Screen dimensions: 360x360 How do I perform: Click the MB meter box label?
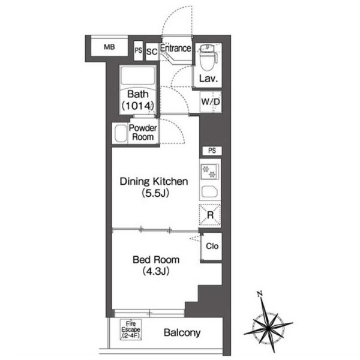109,47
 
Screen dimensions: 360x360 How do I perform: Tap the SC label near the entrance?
152,52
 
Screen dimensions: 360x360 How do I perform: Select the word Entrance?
176,48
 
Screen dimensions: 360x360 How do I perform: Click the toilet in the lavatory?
208,57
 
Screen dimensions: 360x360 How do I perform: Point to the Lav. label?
208,79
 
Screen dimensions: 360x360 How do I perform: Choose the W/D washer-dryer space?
211,102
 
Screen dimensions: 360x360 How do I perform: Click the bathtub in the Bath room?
138,76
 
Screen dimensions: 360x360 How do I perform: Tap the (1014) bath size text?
138,106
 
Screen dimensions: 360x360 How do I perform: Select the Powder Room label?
143,133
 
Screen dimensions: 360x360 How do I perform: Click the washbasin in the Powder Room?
121,133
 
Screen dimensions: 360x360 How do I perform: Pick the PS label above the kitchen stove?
212,151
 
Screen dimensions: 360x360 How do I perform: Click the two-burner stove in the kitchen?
209,172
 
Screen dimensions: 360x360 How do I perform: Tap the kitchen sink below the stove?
209,192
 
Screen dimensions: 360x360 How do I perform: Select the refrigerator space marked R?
210,215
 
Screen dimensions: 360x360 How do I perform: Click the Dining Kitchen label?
154,181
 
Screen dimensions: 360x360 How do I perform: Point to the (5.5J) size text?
155,193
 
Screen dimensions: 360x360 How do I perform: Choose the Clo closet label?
212,247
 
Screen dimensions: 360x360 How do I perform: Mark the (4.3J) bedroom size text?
156,271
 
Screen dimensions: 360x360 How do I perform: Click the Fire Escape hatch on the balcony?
131,330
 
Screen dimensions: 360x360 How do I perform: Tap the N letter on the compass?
260,294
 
